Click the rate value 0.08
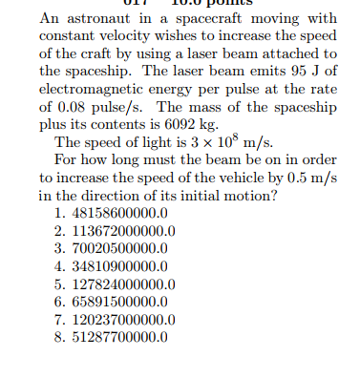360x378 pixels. click(x=72, y=106)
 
